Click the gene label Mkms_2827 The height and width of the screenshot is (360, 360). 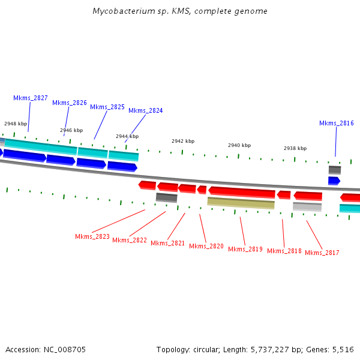click(x=31, y=98)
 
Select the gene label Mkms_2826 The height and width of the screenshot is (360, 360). click(x=70, y=103)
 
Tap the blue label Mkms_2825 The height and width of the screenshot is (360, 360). click(x=107, y=107)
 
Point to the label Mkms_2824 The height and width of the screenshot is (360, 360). click(x=145, y=110)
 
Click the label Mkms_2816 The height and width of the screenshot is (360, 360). click(x=336, y=123)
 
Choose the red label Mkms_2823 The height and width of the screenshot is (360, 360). click(x=92, y=236)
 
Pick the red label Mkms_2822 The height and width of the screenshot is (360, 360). click(x=130, y=240)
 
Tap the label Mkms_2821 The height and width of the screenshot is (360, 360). click(x=168, y=243)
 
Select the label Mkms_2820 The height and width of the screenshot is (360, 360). click(x=206, y=246)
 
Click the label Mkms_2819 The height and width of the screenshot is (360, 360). click(x=245, y=249)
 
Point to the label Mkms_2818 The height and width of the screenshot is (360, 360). click(x=284, y=251)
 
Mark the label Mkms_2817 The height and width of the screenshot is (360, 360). click(x=322, y=253)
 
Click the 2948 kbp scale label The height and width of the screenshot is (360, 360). click(x=16, y=124)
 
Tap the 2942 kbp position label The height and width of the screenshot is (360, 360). click(x=183, y=141)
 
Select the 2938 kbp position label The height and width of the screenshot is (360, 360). click(x=295, y=148)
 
